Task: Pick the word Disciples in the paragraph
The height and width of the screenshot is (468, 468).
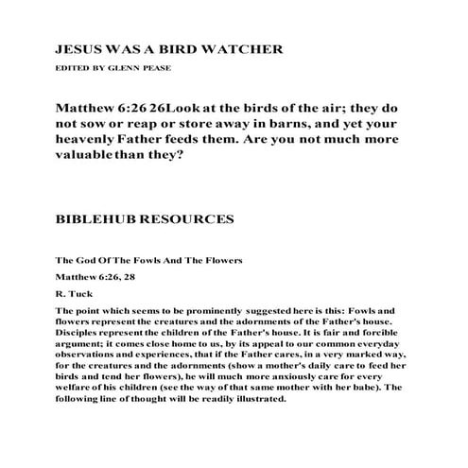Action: click(x=82, y=333)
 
